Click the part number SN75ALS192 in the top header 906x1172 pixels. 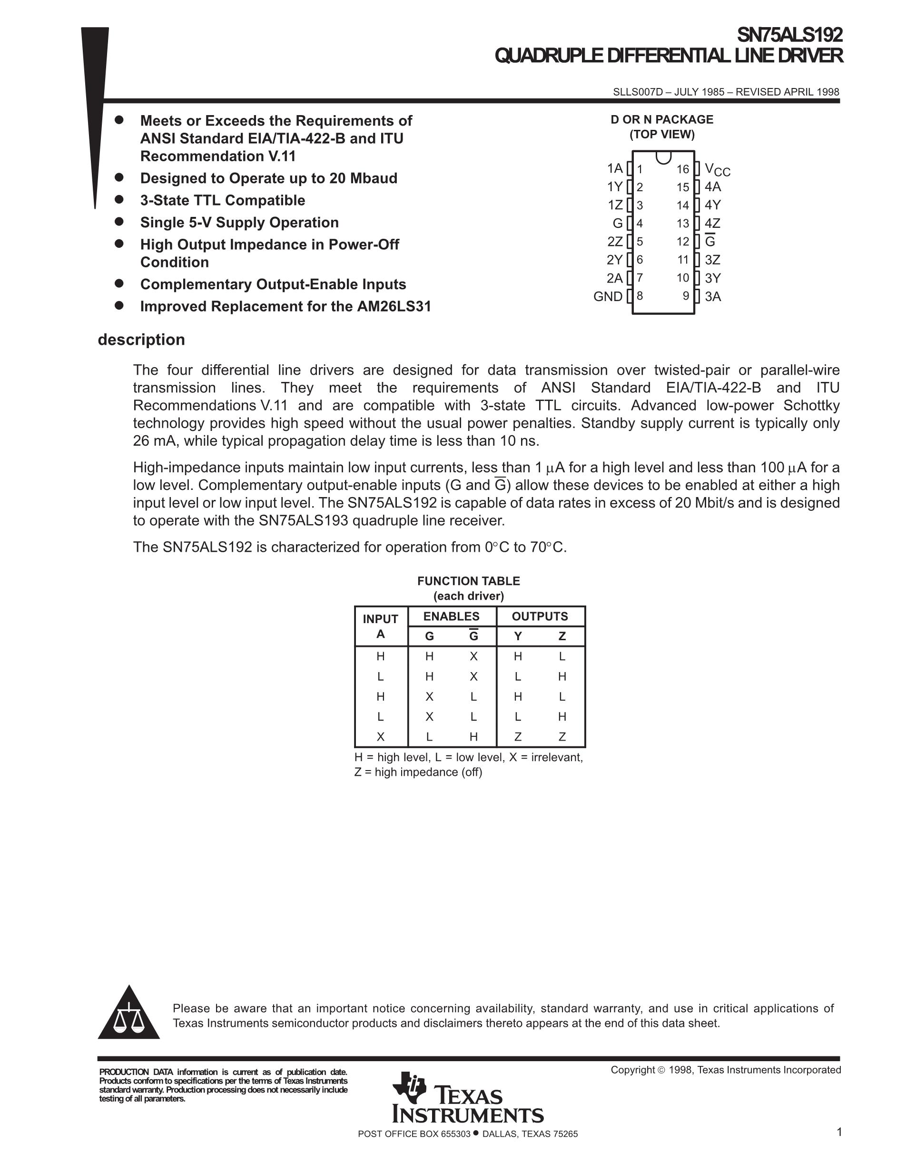click(x=789, y=35)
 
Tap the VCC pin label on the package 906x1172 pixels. click(x=717, y=170)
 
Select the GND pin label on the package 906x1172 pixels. click(x=608, y=296)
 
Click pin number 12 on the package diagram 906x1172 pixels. click(x=682, y=242)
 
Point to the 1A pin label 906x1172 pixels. click(x=615, y=168)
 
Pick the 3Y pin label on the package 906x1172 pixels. click(x=713, y=278)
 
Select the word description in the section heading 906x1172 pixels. click(x=141, y=340)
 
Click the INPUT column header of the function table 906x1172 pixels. click(x=381, y=619)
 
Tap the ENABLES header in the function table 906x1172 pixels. click(x=452, y=616)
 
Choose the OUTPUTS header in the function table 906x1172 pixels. click(x=540, y=616)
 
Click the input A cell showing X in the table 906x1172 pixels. click(x=381, y=737)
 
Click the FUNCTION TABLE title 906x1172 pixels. click(x=469, y=581)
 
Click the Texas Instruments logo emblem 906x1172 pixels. click(x=410, y=1088)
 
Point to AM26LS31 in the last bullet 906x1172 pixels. click(x=394, y=306)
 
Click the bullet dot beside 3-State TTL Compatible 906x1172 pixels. click(x=119, y=200)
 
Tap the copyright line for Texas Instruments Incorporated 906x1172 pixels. click(x=726, y=1070)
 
